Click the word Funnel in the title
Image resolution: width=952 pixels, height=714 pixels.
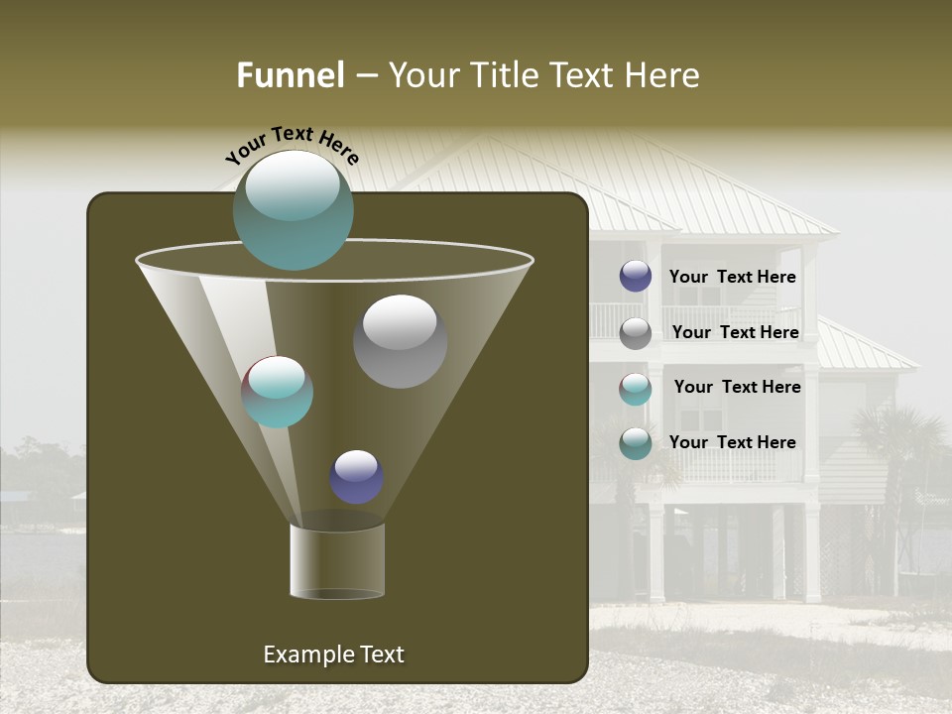pos(290,75)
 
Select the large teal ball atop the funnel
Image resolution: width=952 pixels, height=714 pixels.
pos(293,210)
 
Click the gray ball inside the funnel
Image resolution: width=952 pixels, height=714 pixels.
pos(400,341)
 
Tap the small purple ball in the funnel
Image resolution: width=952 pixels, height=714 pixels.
pos(356,477)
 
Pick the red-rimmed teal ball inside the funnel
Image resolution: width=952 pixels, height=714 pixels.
pos(277,392)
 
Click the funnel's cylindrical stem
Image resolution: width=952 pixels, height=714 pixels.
pos(337,561)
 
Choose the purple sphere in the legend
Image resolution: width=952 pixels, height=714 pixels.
pos(636,277)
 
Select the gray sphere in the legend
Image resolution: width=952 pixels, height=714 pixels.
pos(636,333)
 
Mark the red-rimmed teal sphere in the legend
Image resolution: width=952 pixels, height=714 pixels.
pos(636,389)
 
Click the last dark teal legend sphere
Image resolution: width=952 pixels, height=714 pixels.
pos(636,443)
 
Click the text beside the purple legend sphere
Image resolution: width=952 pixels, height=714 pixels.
pos(732,277)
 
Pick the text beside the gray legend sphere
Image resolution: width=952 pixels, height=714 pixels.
pos(735,332)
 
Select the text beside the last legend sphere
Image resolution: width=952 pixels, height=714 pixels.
pos(732,442)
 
